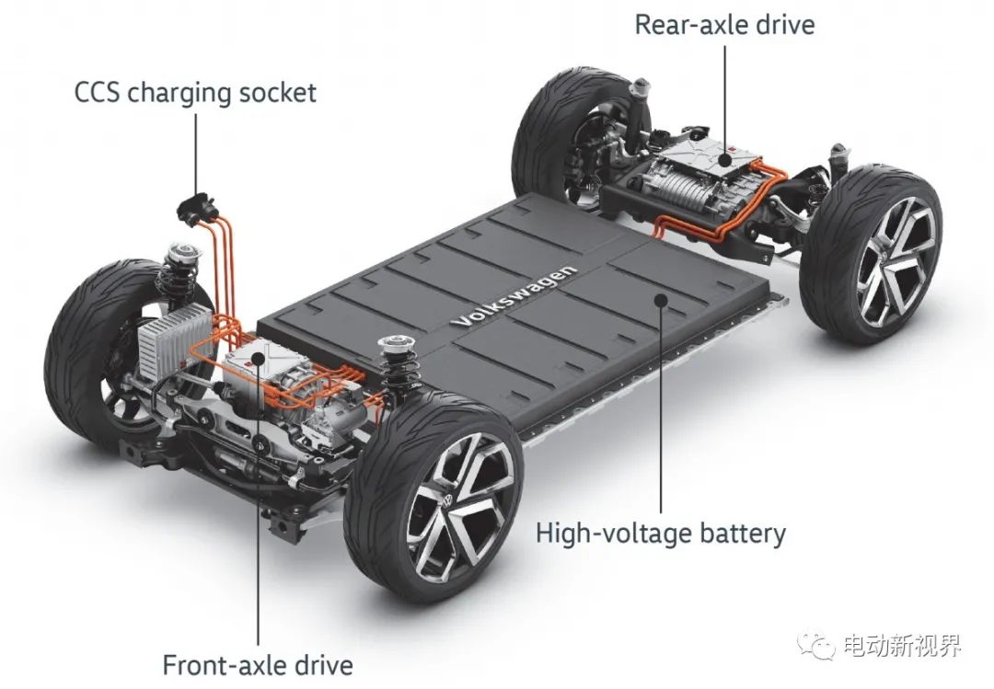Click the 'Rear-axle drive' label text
[724, 25]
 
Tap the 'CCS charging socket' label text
[195, 93]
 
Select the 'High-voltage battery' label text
[661, 533]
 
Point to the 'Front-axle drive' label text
[258, 665]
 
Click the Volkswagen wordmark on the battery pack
[514, 295]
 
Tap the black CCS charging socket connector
[197, 205]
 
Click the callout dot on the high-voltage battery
[661, 298]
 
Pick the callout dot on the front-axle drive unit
[258, 360]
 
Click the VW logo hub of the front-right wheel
[449, 500]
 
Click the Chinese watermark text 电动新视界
[903, 646]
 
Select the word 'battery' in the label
[743, 534]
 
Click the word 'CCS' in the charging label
[98, 93]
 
